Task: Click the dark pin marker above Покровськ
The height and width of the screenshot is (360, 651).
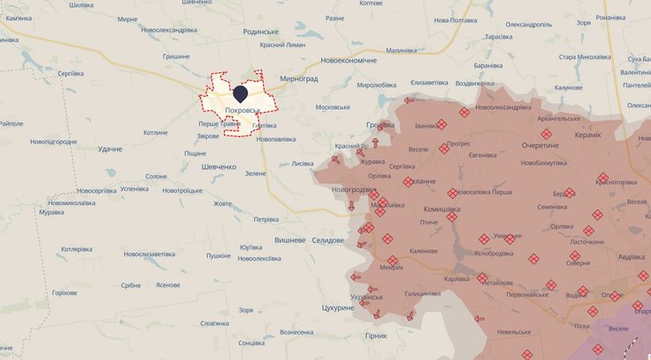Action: coord(239,93)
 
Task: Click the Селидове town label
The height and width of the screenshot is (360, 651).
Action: coord(329,239)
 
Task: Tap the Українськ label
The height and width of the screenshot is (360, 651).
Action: coord(366,297)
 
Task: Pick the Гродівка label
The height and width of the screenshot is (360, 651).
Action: coord(380,125)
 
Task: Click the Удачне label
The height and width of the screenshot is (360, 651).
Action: coord(111,150)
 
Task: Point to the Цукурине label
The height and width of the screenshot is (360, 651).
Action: coord(338,307)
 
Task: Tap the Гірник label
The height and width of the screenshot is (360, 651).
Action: coord(376,335)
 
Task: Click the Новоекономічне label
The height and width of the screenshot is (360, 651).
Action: coord(348,60)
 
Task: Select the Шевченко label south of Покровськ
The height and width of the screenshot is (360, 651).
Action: coord(219,166)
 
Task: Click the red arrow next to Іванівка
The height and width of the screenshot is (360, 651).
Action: coord(407,100)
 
